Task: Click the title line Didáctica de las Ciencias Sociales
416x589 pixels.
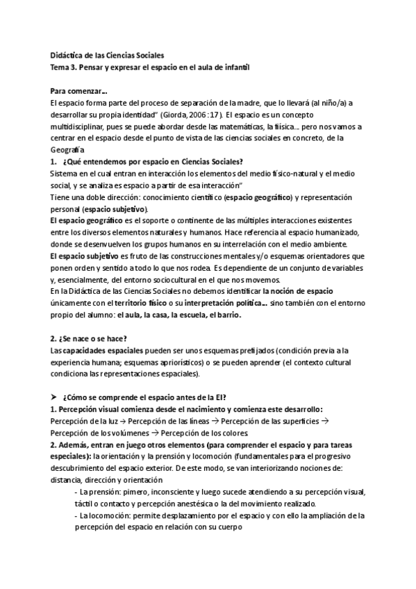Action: tap(107, 56)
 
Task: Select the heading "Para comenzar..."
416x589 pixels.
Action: tap(78, 91)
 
